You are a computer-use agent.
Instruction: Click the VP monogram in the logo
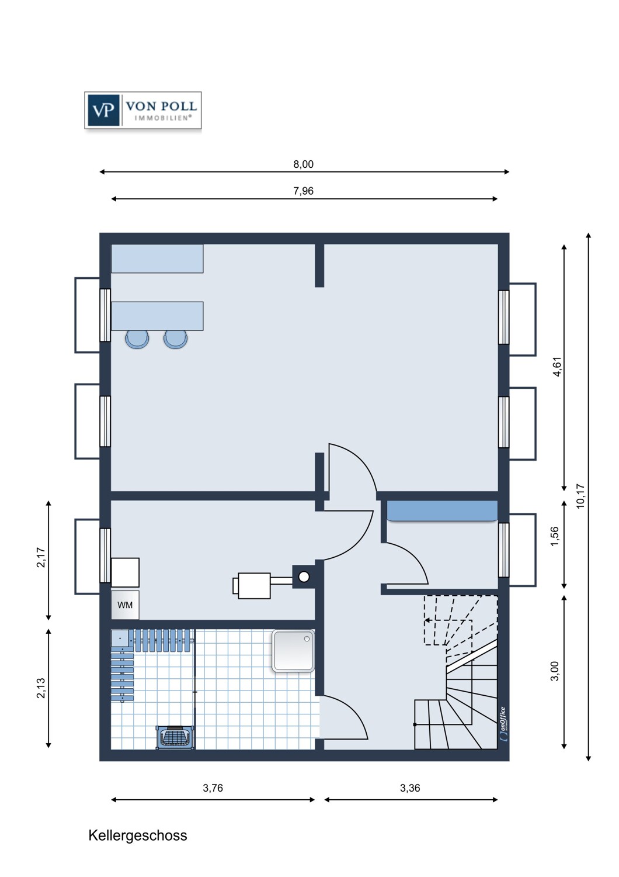pos(103,111)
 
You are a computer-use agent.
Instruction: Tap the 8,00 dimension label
pos(304,164)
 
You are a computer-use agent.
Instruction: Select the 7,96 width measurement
pos(304,191)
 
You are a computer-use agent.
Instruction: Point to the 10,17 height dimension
pos(580,496)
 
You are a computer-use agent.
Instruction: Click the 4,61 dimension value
pos(557,367)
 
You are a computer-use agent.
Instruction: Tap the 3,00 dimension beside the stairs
pos(555,671)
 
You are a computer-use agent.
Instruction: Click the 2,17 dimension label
pos(41,557)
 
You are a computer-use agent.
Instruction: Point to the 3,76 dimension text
pos(213,788)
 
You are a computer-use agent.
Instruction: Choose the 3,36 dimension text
pos(410,788)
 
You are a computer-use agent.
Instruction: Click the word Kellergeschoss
pos(138,835)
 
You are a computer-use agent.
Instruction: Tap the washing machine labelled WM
pos(125,605)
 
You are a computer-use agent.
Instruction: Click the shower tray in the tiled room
pos(293,651)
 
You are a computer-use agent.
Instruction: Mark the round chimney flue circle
pos(304,576)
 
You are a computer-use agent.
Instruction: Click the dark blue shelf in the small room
pos(442,511)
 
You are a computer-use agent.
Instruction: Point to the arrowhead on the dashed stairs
pos(428,620)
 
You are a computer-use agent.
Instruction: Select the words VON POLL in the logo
pos(161,106)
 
